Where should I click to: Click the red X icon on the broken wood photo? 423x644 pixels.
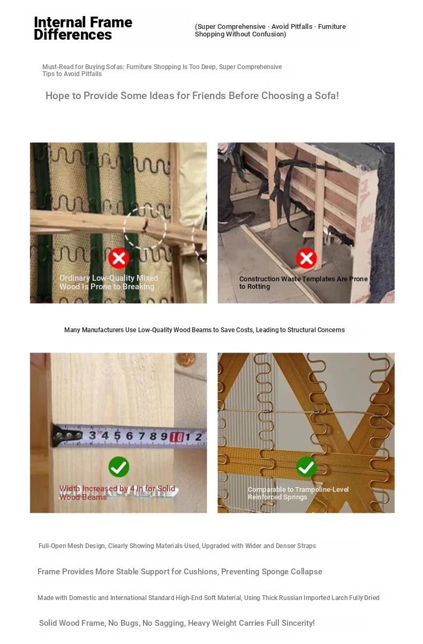[x=118, y=258]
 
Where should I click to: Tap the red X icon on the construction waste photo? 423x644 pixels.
[x=306, y=258]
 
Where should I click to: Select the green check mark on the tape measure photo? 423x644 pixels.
[x=119, y=467]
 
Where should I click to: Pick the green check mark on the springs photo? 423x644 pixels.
[x=306, y=467]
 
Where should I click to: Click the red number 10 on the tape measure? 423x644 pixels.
[x=177, y=437]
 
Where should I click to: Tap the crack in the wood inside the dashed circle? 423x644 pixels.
[x=145, y=226]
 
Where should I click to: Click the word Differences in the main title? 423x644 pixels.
[x=73, y=35]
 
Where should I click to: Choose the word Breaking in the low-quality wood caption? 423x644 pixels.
[x=139, y=287]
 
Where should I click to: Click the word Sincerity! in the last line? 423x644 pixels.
[x=298, y=623]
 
